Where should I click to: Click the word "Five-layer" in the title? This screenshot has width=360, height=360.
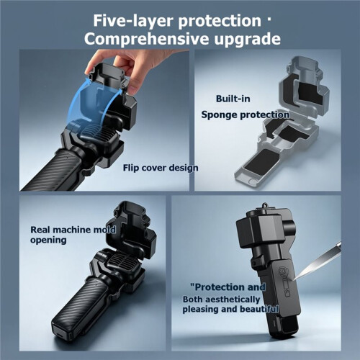coord(133,21)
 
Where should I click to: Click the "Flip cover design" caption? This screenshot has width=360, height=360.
coord(161,168)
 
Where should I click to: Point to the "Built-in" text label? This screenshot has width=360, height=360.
coord(233,99)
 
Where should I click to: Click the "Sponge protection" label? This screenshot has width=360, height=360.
coord(245,115)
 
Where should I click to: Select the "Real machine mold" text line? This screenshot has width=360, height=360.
coord(73,230)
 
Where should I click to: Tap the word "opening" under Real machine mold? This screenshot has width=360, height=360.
coord(48,240)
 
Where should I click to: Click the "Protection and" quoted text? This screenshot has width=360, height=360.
coord(228,287)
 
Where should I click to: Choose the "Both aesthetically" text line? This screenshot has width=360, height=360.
coord(221,300)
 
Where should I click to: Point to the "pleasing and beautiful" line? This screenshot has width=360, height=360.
coord(230,309)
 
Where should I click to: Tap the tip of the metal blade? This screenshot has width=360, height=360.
coord(294,279)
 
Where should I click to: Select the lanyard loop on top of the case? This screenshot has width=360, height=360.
coord(265,206)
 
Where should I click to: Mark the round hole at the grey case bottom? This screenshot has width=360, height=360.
coord(252,181)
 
